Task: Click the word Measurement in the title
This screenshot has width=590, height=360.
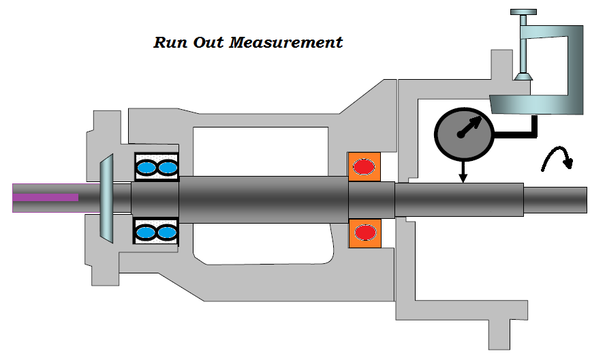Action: pyautogui.click(x=286, y=43)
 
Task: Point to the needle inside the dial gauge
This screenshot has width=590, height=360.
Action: pyautogui.click(x=472, y=127)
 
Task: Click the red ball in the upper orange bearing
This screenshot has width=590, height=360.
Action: pyautogui.click(x=365, y=166)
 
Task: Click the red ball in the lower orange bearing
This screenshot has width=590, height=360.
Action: pyautogui.click(x=365, y=232)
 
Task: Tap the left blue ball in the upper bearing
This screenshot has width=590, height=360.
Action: pyautogui.click(x=146, y=167)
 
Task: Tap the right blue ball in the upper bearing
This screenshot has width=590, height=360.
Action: pyautogui.click(x=166, y=167)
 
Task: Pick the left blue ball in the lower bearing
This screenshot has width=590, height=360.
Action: pyautogui.click(x=146, y=232)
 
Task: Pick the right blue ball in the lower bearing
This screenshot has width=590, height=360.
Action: pyautogui.click(x=166, y=232)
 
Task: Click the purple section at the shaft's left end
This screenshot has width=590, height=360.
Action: pyautogui.click(x=45, y=197)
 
